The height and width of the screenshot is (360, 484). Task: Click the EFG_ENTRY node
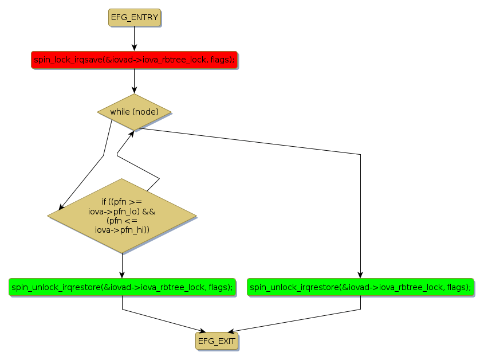pyautogui.click(x=134, y=17)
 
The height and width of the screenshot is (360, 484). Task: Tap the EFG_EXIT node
pyautogui.click(x=215, y=342)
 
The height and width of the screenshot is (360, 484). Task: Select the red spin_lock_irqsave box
pyautogui.click(x=134, y=60)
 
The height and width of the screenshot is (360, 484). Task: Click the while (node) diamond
pyautogui.click(x=134, y=112)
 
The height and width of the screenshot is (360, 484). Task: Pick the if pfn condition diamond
pyautogui.click(x=122, y=216)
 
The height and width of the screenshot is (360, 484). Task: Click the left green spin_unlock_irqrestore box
pyautogui.click(x=122, y=287)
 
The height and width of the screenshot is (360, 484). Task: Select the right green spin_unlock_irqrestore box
pyautogui.click(x=360, y=287)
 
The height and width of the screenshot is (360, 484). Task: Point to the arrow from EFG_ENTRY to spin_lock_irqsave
pyautogui.click(x=134, y=38)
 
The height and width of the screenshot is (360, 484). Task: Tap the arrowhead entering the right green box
pyautogui.click(x=360, y=275)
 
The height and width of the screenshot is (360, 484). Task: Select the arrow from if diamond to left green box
pyautogui.click(x=122, y=265)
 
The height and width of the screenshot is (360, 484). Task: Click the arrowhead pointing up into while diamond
pyautogui.click(x=132, y=133)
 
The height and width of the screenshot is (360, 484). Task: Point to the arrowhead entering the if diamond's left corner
pyautogui.click(x=61, y=207)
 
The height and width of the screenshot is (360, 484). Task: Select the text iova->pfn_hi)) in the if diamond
pyautogui.click(x=121, y=230)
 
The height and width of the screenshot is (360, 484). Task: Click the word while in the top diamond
pyautogui.click(x=120, y=112)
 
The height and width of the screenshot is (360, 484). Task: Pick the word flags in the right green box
pyautogui.click(x=457, y=287)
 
